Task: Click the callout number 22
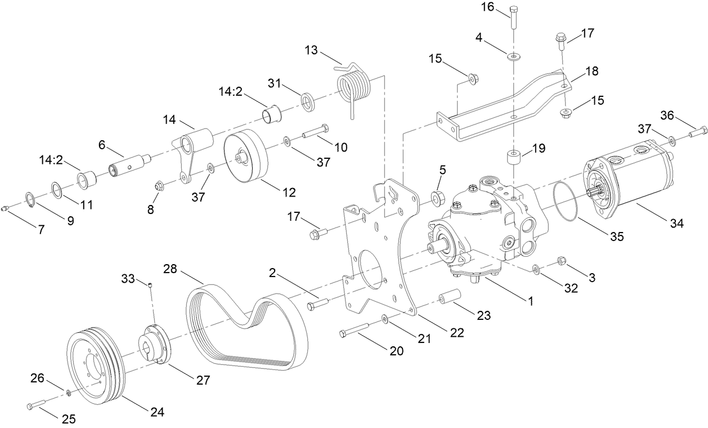456,333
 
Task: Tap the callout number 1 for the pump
530,301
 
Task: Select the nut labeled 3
561,260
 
